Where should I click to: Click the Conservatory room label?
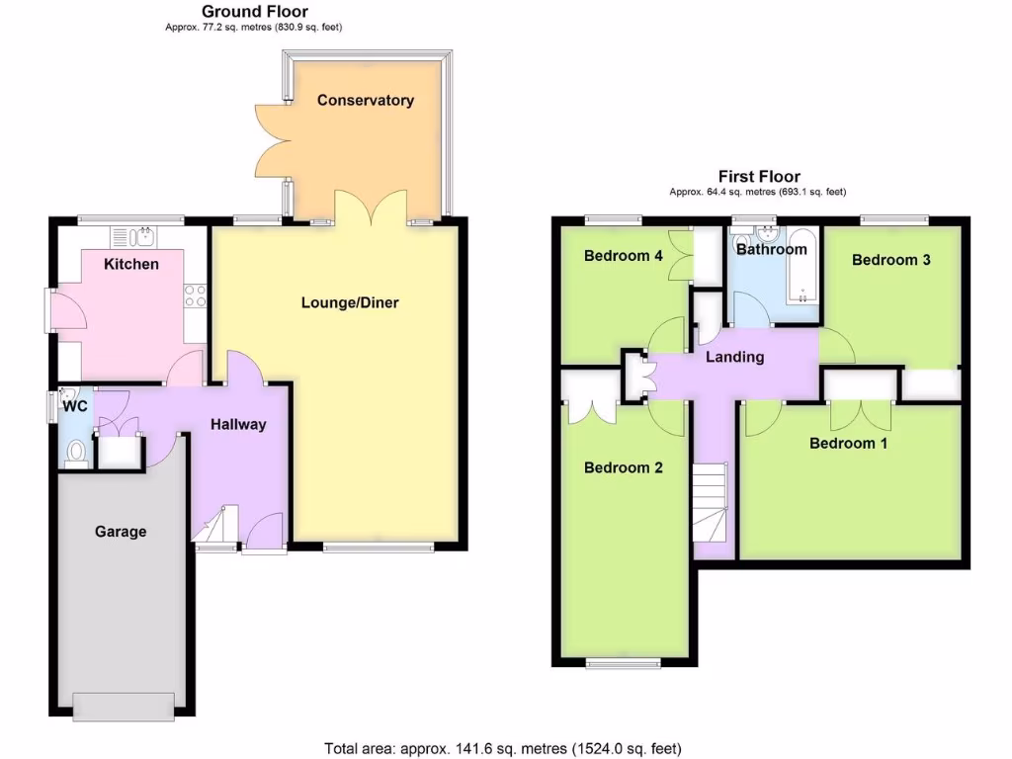[365, 100]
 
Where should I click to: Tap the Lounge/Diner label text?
[350, 302]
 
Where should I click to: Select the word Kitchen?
[131, 264]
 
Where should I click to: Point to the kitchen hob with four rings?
[195, 295]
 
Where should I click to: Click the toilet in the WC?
[76, 453]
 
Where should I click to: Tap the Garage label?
[121, 532]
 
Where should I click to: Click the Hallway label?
[238, 424]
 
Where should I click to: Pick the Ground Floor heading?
[254, 12]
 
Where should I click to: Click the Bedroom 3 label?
[891, 260]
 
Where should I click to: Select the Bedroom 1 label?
[848, 443]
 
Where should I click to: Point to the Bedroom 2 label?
[623, 467]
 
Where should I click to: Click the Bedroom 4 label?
[623, 256]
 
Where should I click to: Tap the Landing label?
[734, 357]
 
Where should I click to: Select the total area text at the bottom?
[503, 748]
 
